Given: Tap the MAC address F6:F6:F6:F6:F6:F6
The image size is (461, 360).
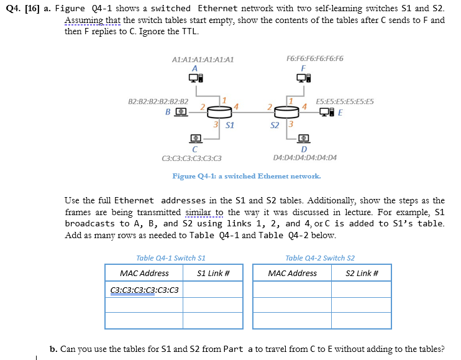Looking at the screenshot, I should [314, 59].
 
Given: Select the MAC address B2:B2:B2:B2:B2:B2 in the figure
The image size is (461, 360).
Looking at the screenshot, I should [158, 101].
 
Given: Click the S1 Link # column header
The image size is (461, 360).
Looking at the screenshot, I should [213, 273].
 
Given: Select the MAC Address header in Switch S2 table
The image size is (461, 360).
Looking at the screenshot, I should [292, 273].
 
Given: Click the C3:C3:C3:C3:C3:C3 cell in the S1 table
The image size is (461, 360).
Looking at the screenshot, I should [144, 290].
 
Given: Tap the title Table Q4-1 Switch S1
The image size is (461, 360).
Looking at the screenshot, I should [171, 257].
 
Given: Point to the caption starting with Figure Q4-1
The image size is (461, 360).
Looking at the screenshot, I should [247, 176].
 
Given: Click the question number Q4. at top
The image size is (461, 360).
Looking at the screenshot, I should [12, 8].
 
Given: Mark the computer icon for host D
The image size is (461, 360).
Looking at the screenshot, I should [304, 137].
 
